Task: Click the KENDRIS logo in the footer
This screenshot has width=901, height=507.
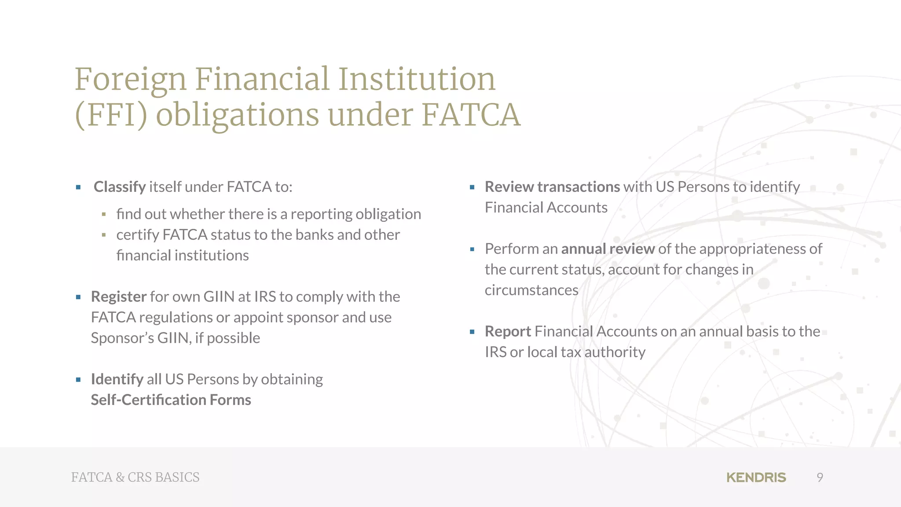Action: pyautogui.click(x=756, y=478)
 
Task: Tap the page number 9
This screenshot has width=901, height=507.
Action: pyautogui.click(x=820, y=478)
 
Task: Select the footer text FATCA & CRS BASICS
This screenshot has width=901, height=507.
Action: pyautogui.click(x=135, y=478)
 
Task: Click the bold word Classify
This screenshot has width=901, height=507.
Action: pyautogui.click(x=119, y=187)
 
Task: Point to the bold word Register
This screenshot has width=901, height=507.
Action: pyautogui.click(x=118, y=297)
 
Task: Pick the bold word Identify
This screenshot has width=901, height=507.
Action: pyautogui.click(x=117, y=379)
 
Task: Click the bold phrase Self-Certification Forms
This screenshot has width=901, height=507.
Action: pyautogui.click(x=171, y=400)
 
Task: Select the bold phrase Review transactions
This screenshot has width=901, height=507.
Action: pyautogui.click(x=552, y=187)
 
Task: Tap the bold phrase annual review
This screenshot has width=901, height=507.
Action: pyautogui.click(x=608, y=249)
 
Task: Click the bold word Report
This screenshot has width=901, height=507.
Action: pyautogui.click(x=508, y=331)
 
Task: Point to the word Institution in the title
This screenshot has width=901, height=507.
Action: pyautogui.click(x=416, y=79)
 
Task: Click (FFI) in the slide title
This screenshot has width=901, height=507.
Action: pyautogui.click(x=111, y=115)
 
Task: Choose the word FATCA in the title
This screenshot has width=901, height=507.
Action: pyautogui.click(x=471, y=115)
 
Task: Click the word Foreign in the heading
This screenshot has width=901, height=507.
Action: pyautogui.click(x=131, y=80)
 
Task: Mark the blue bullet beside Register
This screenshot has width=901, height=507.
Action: pyautogui.click(x=78, y=297)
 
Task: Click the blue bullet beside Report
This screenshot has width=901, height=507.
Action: pyautogui.click(x=472, y=332)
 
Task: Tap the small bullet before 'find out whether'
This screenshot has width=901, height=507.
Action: pyautogui.click(x=104, y=214)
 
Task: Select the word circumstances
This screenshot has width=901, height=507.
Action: pyautogui.click(x=531, y=290)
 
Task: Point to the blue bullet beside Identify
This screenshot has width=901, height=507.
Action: pyautogui.click(x=78, y=379)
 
